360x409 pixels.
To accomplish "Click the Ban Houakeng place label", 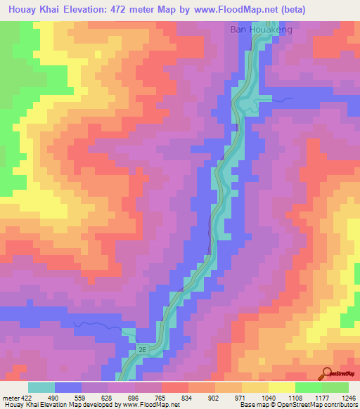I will (261, 30).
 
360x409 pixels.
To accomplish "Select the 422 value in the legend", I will (25, 397).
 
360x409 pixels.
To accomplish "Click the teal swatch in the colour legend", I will (41, 387).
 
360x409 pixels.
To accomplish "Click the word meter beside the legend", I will (9, 397).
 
